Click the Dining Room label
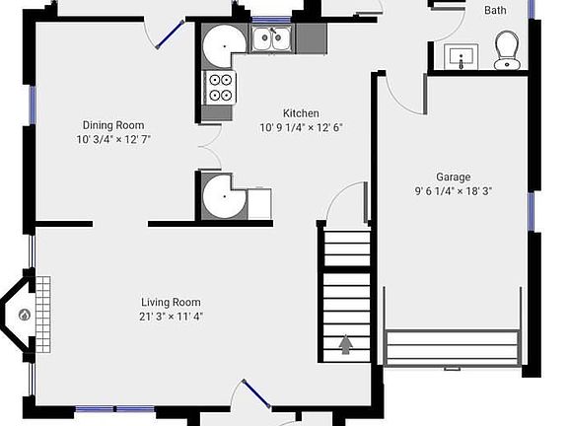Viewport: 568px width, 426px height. (113, 125)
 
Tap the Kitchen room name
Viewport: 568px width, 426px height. (302, 112)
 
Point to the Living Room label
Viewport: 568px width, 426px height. (172, 302)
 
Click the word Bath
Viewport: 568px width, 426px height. (495, 10)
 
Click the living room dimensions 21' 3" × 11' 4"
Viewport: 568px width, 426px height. (172, 316)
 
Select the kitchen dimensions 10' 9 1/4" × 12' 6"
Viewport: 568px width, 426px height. (302, 126)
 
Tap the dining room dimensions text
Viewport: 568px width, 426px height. (113, 139)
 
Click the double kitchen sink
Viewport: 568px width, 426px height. (270, 39)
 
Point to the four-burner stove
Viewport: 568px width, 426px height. (219, 88)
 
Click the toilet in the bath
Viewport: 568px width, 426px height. (507, 48)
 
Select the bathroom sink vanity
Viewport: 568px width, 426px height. (461, 58)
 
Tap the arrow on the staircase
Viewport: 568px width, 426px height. (346, 344)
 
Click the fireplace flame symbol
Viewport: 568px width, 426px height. (25, 316)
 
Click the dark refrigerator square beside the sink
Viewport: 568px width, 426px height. (311, 38)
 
